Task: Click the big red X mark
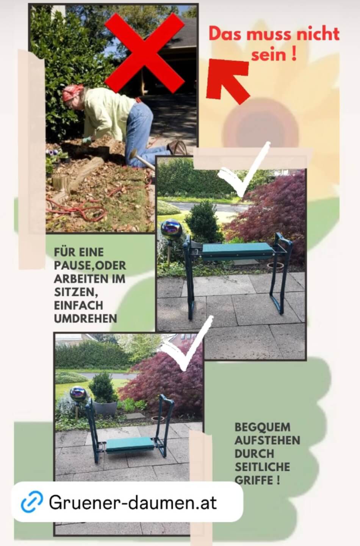tap(144, 53)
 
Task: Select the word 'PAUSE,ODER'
tap(90, 266)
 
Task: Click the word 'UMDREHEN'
tap(86, 318)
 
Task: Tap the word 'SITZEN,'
tap(76, 292)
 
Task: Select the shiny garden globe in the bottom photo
tap(78, 394)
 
